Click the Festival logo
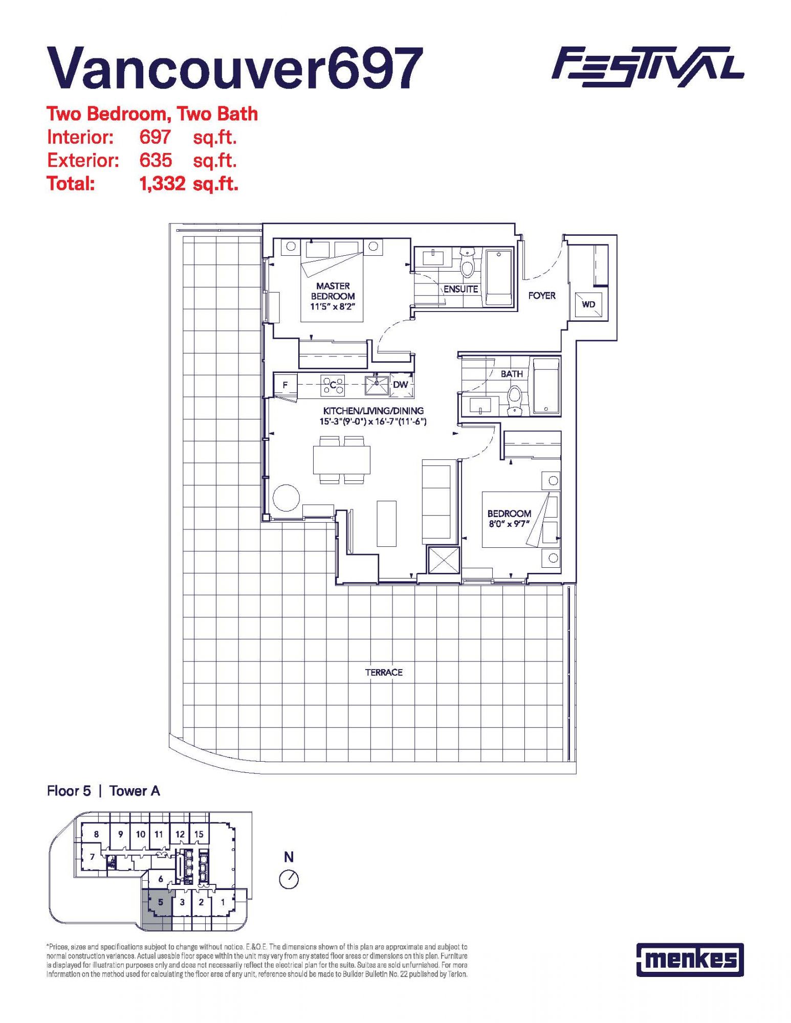(x=648, y=67)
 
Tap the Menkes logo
(x=690, y=960)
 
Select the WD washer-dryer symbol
(x=588, y=305)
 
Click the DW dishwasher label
(x=401, y=384)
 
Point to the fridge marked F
(x=285, y=385)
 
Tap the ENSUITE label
(x=460, y=289)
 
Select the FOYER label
(x=542, y=295)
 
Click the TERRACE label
(x=384, y=672)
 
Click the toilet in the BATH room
(x=514, y=400)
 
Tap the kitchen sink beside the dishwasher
(x=377, y=385)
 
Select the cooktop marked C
(x=333, y=385)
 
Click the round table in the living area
(x=286, y=498)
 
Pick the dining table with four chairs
(x=342, y=460)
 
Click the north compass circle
(x=289, y=879)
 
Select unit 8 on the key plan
(x=96, y=834)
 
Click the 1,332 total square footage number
(x=162, y=184)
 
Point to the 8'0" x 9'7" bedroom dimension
(x=509, y=524)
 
